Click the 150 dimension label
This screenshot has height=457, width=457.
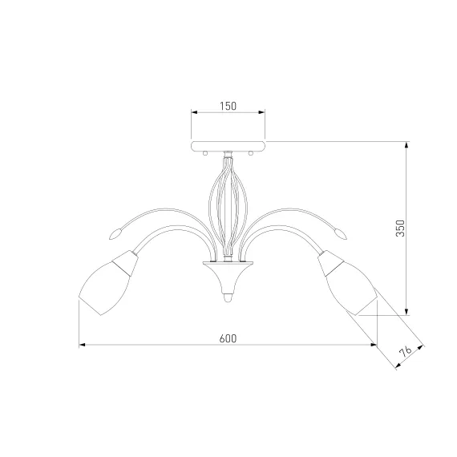pos(228,106)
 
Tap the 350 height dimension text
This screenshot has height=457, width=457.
pos(401,228)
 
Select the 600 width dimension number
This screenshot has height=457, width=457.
pos(228,338)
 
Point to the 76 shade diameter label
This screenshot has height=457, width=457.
pos(406,351)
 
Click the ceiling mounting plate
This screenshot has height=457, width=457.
pos(228,146)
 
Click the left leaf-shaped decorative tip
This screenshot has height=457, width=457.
pos(115,234)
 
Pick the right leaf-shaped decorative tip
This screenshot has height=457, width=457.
pos(341,234)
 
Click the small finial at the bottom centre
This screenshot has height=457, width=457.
pos(228,298)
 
